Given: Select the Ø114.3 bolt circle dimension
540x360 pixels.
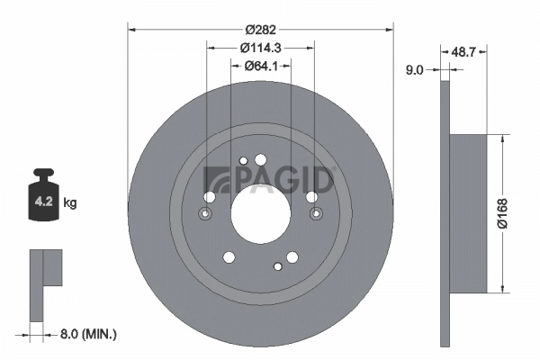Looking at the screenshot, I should coord(261,48).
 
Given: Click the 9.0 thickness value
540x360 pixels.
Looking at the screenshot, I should coord(415,68).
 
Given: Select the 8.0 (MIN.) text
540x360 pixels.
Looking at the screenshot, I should coord(87,334).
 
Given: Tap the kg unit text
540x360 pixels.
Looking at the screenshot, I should coord(70,203).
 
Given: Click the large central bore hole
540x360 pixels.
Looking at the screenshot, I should coord(258,213).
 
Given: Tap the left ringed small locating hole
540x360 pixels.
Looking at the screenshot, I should coord(204,214).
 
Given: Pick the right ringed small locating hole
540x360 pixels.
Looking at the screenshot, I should coord(315,214).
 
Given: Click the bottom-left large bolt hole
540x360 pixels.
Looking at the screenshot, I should coord(228,257).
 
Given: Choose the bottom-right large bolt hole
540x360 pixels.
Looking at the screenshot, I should coord(292,257).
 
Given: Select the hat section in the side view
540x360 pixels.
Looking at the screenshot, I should coord(468,213).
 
